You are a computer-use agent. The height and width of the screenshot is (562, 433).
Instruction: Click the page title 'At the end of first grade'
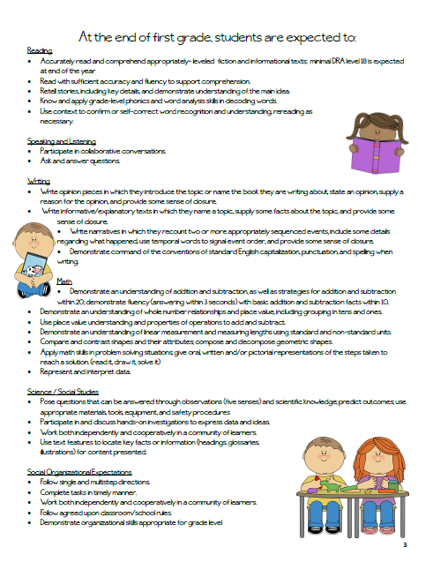pyautogui.click(x=217, y=37)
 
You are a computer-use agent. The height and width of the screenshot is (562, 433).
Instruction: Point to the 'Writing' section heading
pyautogui.click(x=39, y=180)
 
